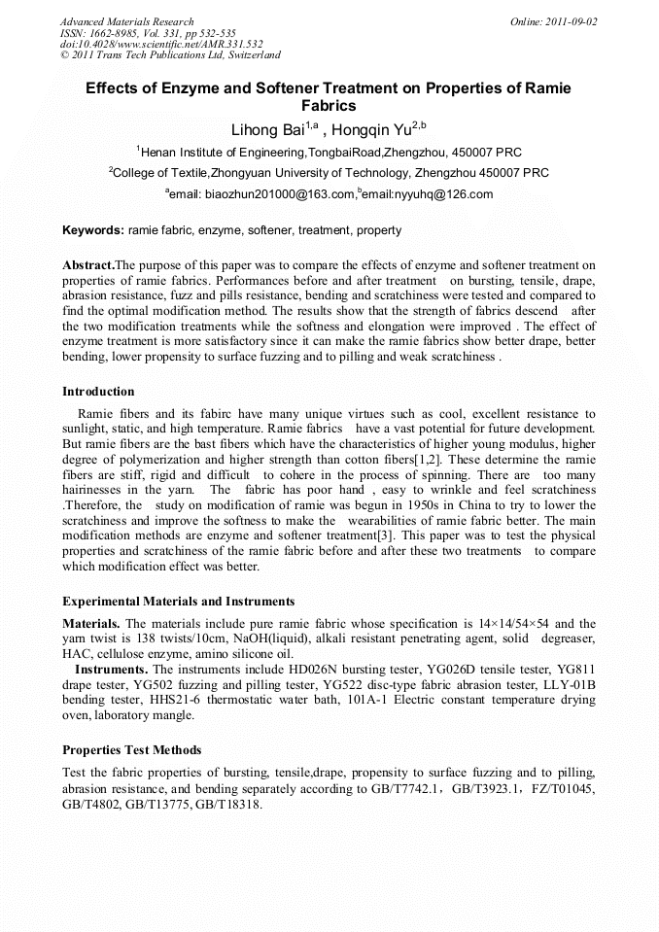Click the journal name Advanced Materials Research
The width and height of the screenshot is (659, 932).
point(126,21)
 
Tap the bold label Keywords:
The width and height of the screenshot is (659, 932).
point(93,231)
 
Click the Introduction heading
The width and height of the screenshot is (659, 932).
point(98,392)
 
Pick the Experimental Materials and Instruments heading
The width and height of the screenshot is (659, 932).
point(178,602)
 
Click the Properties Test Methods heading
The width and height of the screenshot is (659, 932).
point(132,750)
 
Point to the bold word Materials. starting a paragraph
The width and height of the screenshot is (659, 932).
point(91,624)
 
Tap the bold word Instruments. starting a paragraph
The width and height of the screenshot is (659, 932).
point(112,670)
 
